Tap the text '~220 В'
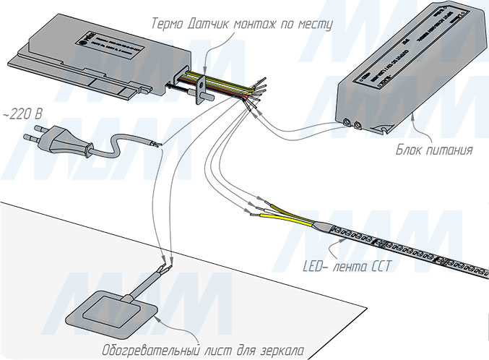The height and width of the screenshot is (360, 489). (x=22, y=115)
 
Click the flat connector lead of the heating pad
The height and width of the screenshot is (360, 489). (x=147, y=283)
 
